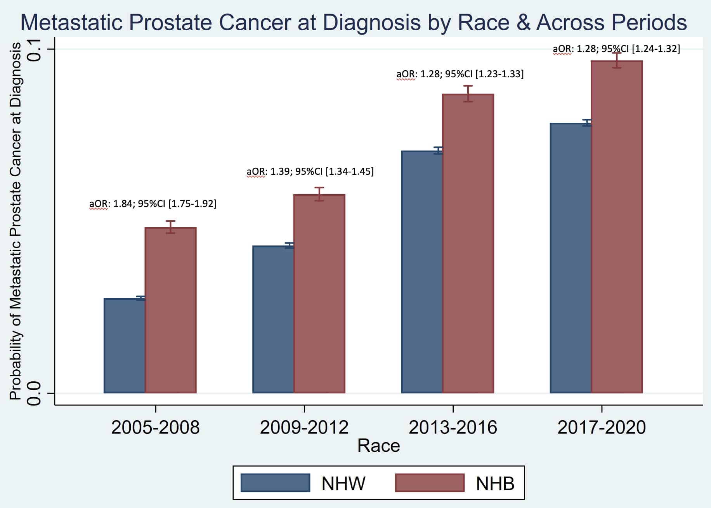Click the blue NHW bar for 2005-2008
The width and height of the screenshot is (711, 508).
[125, 346]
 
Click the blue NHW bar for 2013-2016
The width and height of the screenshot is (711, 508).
[422, 272]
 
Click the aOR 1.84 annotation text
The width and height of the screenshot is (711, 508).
[153, 204]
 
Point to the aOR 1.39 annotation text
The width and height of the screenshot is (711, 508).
[310, 172]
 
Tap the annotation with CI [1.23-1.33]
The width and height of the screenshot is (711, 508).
[460, 74]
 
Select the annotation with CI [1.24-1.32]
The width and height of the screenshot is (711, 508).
[616, 49]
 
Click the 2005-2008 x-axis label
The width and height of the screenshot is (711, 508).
[155, 428]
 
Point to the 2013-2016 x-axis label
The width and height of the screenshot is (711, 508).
[453, 428]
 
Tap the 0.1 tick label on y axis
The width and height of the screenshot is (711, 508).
[34, 49]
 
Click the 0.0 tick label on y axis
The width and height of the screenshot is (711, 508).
[34, 393]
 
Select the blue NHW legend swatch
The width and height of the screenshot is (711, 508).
[275, 483]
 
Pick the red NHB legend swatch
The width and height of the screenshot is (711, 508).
[430, 483]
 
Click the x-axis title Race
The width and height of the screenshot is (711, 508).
[378, 446]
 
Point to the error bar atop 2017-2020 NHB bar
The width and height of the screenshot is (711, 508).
[617, 60]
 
